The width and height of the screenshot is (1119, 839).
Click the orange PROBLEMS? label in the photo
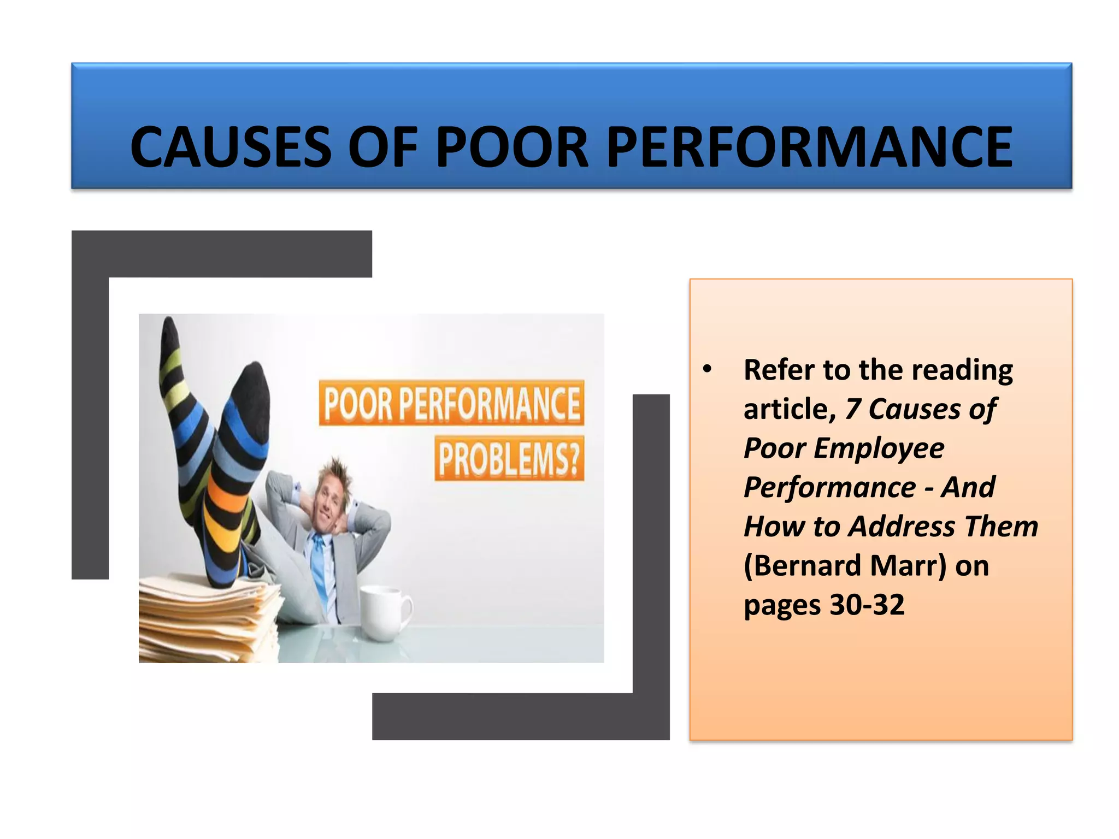coord(509,458)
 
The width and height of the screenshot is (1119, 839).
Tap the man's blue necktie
coord(319,568)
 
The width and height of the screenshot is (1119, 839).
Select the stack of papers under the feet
coord(208,617)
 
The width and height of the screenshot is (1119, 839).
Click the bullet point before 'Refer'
coord(708,369)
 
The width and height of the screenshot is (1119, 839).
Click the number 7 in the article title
coord(853,409)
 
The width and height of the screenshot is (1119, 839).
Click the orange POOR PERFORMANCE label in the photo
coord(451,403)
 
